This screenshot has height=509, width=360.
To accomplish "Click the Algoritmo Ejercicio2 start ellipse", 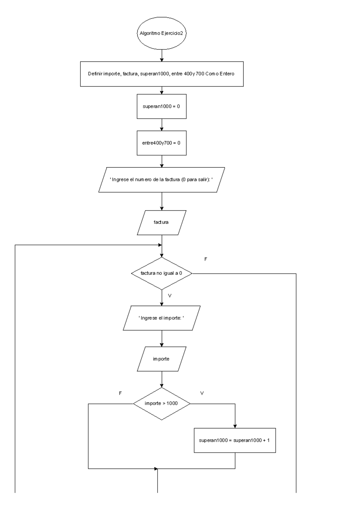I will pos(161,33).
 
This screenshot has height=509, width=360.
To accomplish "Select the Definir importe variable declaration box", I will pos(161,74).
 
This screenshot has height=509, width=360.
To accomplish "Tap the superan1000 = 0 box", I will pos(161,106).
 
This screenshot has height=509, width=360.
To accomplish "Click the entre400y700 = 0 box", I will pos(161,143).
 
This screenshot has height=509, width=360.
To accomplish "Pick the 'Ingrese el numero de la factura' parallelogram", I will pos(161,180).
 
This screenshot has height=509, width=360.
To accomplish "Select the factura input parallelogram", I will pos(161,222).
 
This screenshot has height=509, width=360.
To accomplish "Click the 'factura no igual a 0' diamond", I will pos(161,273).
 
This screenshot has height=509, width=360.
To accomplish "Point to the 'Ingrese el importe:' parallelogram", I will pos(161,318).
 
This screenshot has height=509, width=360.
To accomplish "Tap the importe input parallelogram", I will pos(161,359).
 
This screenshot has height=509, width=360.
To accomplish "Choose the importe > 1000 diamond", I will pos(161,403).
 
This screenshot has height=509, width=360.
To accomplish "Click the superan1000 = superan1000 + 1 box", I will pos(235,440).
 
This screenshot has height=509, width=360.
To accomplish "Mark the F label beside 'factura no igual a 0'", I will pos(205,259).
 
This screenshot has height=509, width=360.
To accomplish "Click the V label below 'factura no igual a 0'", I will pos(170,296).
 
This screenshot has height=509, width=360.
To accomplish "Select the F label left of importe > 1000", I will pos(120,393).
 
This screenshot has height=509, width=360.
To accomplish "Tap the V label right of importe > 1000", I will pos(202,393).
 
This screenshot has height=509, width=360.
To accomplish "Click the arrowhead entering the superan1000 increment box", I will pos(235,426).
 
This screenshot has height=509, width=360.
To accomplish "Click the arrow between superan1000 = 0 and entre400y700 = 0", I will pos(162,125).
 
